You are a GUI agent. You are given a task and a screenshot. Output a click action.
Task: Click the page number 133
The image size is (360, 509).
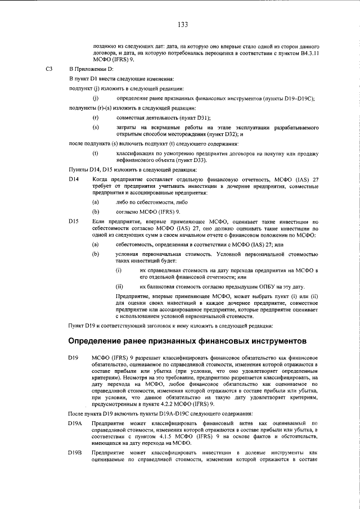182,24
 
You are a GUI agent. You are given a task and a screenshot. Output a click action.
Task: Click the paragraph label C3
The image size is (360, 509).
49,69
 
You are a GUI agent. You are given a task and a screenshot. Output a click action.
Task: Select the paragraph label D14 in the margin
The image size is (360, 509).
74,179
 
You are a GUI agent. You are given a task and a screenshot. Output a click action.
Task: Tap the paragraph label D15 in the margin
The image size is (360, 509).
74,222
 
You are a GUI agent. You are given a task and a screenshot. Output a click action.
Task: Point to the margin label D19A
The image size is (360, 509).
75,422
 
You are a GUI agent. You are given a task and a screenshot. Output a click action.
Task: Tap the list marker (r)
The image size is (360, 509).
95,117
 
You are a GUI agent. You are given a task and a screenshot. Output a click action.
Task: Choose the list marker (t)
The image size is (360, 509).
95,153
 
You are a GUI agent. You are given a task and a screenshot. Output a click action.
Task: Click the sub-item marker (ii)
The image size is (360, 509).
119,286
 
